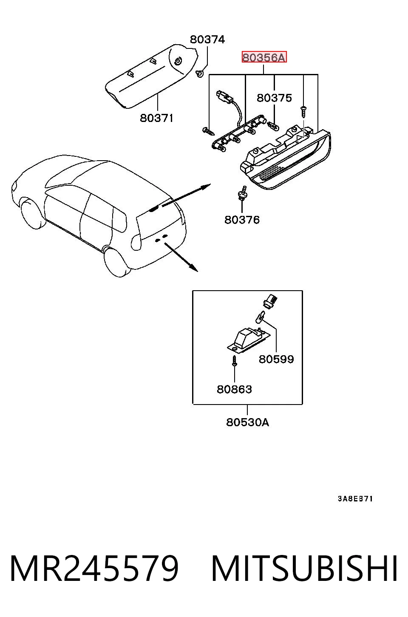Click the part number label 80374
coord(207,40)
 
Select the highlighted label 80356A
coord(264,57)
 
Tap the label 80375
coord(274,98)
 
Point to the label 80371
coord(156,118)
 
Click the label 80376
coord(242,220)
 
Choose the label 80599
coord(276,359)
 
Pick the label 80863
coord(234,389)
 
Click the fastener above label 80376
coord(242,193)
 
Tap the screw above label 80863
coord(235,361)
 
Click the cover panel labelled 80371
coord(152,75)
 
